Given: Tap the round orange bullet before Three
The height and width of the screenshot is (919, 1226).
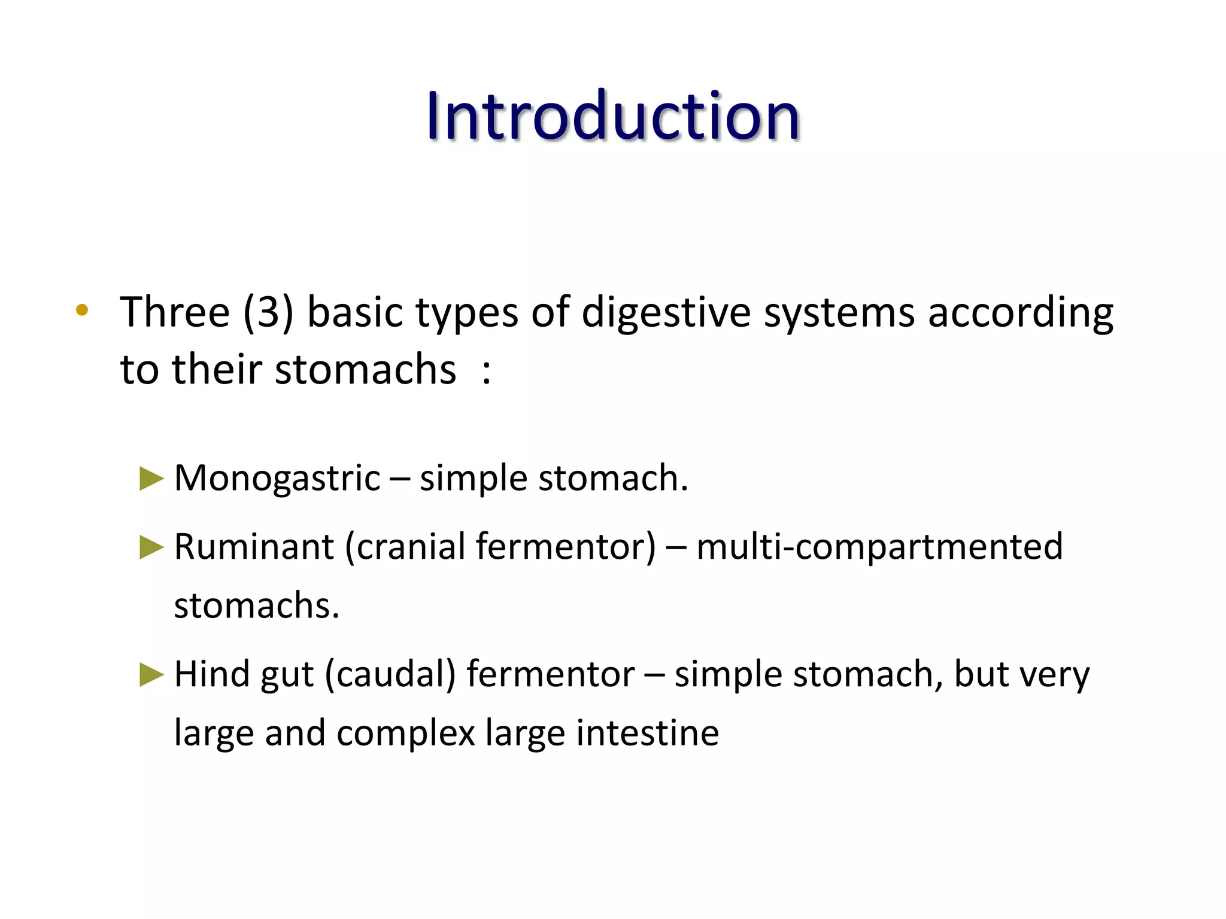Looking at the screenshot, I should click(x=82, y=310).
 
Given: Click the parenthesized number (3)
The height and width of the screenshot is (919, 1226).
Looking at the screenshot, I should click(x=268, y=312).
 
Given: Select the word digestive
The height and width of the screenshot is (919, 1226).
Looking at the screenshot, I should click(x=666, y=314).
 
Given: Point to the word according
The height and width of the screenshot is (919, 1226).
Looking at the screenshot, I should click(x=1020, y=314).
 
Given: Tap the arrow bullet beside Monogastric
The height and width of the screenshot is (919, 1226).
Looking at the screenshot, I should click(x=151, y=479).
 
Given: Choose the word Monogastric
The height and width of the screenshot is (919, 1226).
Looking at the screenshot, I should click(x=277, y=479).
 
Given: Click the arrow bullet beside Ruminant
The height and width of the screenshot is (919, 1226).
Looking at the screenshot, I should click(x=151, y=547).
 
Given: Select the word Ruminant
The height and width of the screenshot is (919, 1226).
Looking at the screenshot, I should click(x=254, y=547).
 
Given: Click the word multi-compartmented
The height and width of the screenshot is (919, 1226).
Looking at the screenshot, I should click(x=879, y=547).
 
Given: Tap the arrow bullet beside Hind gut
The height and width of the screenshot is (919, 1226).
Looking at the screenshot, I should click(x=151, y=675).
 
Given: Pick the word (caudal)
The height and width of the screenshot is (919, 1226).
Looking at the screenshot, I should click(x=390, y=675).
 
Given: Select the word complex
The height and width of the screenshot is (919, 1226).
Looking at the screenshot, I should click(x=405, y=734).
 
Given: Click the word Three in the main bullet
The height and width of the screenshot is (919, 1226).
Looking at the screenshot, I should click(x=175, y=312).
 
